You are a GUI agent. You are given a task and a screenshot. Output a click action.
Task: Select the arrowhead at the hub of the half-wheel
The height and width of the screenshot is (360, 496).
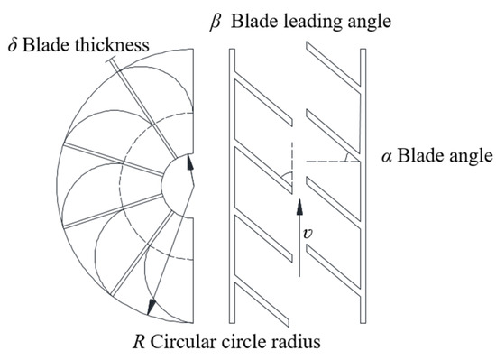point(189,162)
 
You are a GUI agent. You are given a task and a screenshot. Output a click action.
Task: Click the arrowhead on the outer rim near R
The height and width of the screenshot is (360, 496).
point(153,305)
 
